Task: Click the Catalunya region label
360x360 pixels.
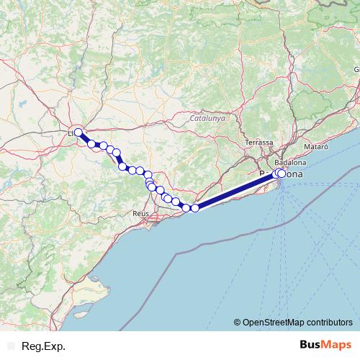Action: click(207, 117)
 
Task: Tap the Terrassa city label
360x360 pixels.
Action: click(259, 143)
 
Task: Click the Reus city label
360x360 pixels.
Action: click(140, 214)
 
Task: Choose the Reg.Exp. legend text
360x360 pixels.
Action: click(43, 346)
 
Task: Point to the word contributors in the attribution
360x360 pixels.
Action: click(328, 322)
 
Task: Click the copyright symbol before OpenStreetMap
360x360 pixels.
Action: click(238, 322)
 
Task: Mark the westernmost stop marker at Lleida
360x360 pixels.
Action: click(78, 132)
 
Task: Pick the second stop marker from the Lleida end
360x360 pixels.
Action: click(91, 144)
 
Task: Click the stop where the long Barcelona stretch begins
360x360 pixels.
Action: click(195, 208)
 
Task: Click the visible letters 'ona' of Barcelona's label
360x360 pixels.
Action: click(294, 175)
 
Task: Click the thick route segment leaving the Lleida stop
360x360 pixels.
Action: click(85, 138)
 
